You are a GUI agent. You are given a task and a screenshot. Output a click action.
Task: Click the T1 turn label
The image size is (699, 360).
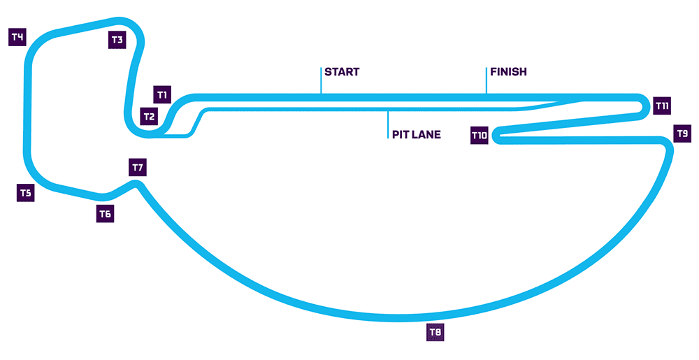pyautogui.click(x=162, y=94)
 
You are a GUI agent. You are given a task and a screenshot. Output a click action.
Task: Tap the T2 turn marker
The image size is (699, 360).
pyautogui.click(x=149, y=116)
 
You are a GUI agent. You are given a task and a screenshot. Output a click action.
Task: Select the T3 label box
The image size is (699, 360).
pyautogui.click(x=117, y=40)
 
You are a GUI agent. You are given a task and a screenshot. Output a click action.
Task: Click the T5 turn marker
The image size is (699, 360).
pyautogui.click(x=25, y=193)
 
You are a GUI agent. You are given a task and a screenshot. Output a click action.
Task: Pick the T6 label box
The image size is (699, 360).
pyautogui.click(x=105, y=214)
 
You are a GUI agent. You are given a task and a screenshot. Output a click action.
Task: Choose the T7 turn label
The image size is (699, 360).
pyautogui.click(x=138, y=168)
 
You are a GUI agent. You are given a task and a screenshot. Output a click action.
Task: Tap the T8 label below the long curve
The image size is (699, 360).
pyautogui.click(x=435, y=332)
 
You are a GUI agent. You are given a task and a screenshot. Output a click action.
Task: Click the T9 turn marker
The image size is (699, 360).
pyautogui.click(x=682, y=133)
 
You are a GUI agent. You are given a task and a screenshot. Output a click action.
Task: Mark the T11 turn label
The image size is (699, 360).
pyautogui.click(x=663, y=106)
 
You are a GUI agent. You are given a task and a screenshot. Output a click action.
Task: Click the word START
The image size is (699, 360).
pyautogui.click(x=342, y=72)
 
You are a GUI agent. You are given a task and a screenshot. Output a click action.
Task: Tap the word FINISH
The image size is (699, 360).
pyautogui.click(x=508, y=72)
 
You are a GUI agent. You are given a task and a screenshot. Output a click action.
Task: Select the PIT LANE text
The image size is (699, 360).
pyautogui.click(x=416, y=134)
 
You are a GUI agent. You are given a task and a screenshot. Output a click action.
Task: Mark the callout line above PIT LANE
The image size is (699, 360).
pyautogui.click(x=387, y=124)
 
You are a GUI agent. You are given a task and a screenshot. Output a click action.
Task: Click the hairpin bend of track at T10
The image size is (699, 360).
pyautogui.click(x=496, y=136)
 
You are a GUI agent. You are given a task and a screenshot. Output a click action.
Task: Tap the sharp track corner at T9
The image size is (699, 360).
pyautogui.click(x=668, y=145)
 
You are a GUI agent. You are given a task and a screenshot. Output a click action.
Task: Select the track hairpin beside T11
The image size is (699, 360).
pyautogui.click(x=642, y=106)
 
